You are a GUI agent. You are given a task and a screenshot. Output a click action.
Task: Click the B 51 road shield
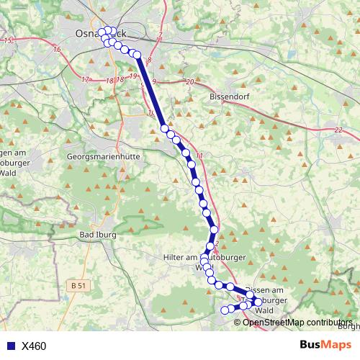79,286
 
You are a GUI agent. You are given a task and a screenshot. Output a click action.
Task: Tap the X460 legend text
34,346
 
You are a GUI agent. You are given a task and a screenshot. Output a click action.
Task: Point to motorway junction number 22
338,130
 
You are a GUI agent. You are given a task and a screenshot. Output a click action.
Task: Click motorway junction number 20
190,82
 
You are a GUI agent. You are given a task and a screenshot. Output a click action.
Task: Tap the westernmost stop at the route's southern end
224,310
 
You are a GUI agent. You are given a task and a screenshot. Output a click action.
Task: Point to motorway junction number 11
199,156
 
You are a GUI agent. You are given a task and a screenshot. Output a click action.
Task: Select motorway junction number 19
133,76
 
